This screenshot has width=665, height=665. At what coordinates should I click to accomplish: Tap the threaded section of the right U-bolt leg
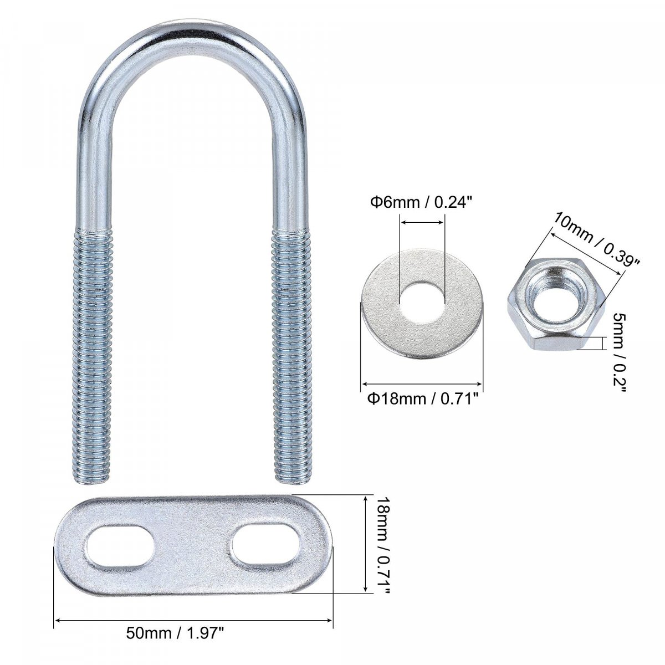(x=292, y=355)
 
